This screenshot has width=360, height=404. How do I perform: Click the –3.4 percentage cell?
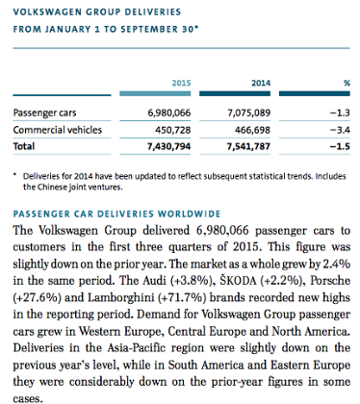(x=340, y=128)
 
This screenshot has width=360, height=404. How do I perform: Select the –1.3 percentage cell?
(x=340, y=114)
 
